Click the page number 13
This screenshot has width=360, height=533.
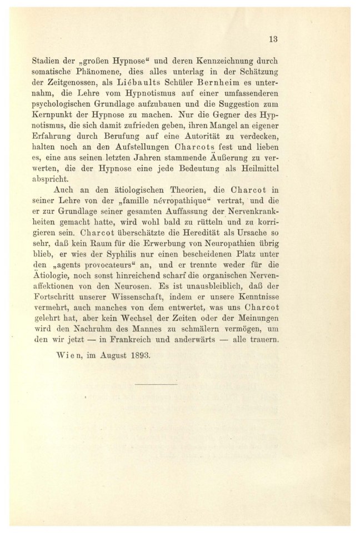(x=272, y=39)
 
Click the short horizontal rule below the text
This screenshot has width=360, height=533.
(x=156, y=384)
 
